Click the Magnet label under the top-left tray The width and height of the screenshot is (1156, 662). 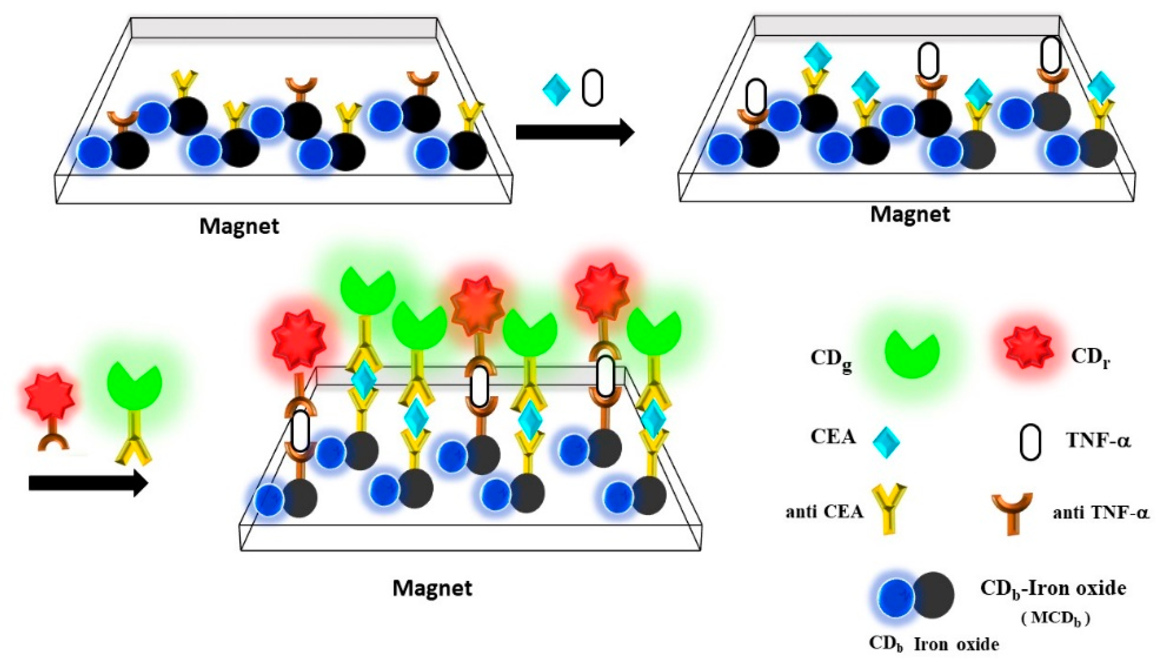239,226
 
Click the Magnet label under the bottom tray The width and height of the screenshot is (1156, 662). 432,588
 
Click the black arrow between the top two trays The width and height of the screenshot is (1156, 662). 575,132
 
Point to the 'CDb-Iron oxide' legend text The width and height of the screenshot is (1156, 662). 1053,589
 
